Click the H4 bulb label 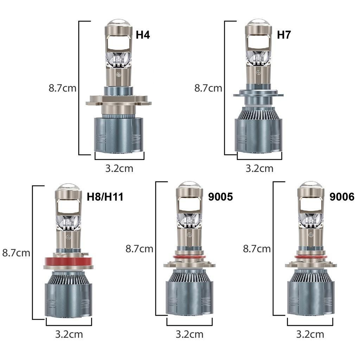coord(143,35)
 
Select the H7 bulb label coord(284,35)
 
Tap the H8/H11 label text coord(105,197)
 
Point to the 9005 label coord(220,197)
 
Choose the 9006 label coord(342,197)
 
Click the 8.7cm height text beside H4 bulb coord(63,88)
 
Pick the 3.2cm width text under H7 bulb coord(259,168)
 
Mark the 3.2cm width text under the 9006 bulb coord(310,334)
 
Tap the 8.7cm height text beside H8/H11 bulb coord(16,253)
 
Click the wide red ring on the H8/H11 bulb coord(69,261)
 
